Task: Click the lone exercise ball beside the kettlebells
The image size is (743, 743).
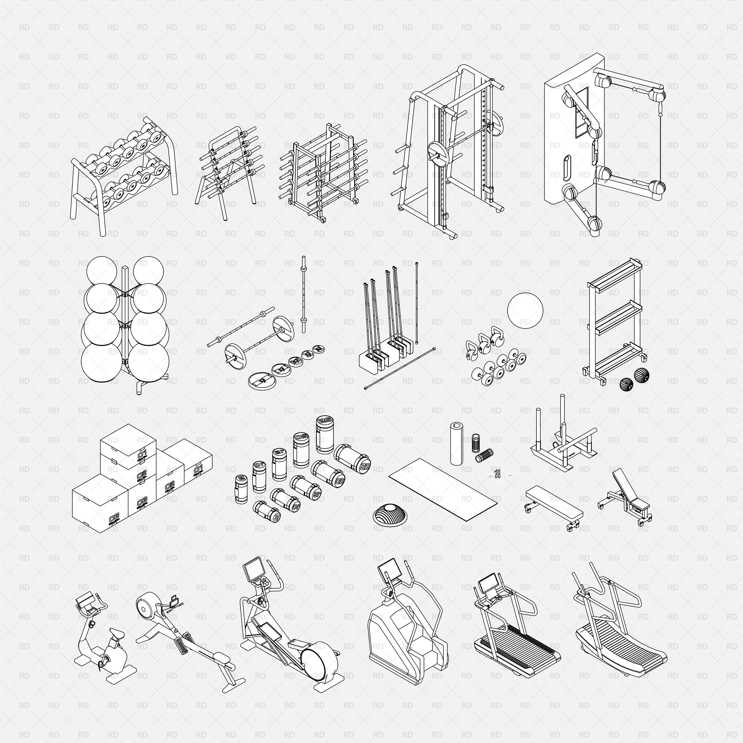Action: [525, 310]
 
